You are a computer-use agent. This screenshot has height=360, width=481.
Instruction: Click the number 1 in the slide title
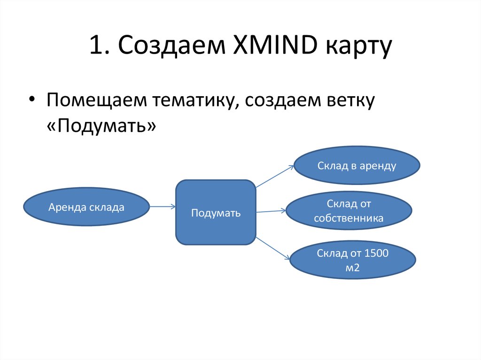95,47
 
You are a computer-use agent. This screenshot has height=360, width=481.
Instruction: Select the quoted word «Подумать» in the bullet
101,126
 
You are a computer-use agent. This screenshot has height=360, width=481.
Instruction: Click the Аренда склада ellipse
86,207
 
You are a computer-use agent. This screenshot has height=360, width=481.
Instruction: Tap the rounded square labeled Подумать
216,213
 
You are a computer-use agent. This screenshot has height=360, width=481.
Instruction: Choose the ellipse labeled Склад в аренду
357,166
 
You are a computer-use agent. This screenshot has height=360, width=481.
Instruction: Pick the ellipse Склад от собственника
349,211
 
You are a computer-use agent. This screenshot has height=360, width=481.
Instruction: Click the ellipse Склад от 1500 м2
353,260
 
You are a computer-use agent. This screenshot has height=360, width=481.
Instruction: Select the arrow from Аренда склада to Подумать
162,206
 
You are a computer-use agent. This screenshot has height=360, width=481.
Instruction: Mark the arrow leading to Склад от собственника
271,211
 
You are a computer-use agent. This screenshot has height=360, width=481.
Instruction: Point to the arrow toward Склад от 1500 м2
273,248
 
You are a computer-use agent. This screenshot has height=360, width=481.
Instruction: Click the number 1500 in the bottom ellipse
377,254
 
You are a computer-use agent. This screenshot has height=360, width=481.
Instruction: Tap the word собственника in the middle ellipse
349,218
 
